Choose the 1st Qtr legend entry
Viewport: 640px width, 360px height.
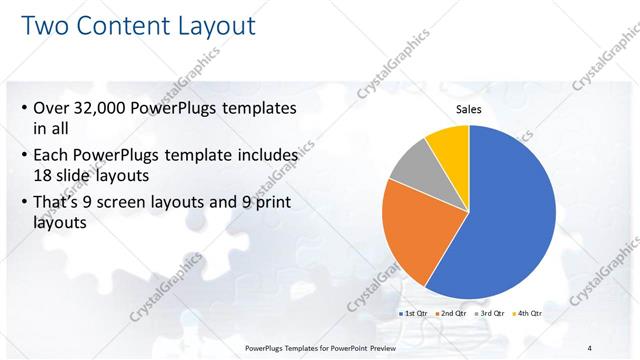point(414,314)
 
